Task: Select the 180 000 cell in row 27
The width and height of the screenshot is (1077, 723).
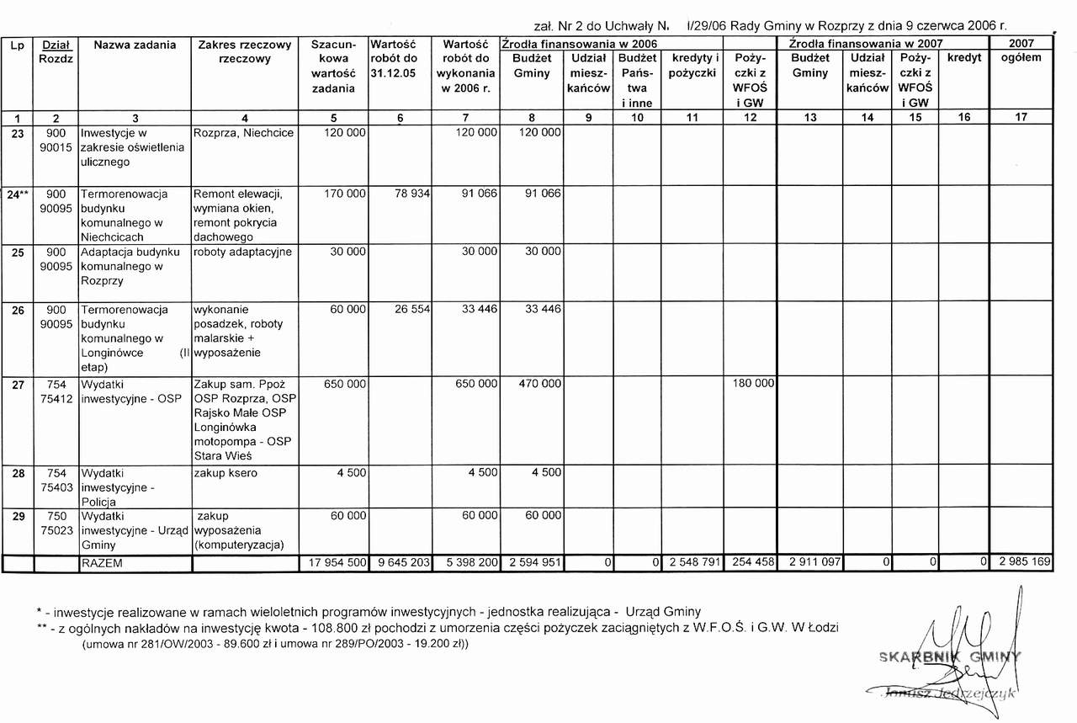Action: click(753, 384)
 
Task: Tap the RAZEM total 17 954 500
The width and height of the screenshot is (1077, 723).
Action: click(333, 563)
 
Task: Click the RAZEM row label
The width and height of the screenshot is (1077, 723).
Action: click(101, 563)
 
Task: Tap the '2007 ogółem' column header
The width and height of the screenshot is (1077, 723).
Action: click(1021, 51)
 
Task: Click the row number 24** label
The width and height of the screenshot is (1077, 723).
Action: click(17, 194)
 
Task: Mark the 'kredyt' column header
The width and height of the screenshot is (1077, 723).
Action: click(964, 57)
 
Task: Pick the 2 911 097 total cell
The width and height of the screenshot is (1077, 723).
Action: click(813, 563)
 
